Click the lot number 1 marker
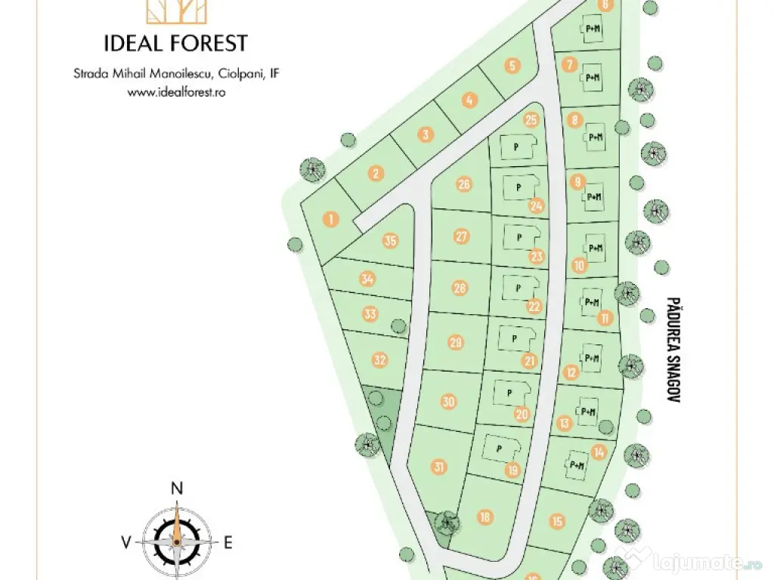(330, 220)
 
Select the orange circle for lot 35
(390, 241)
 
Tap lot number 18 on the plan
(485, 517)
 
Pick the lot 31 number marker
(439, 466)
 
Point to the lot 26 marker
(464, 184)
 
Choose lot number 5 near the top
(512, 66)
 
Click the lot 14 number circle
(599, 452)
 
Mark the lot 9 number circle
(578, 181)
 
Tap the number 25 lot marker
(531, 119)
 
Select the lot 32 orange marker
(380, 360)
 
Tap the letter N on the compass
(177, 489)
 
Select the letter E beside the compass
(227, 541)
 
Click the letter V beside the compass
(125, 541)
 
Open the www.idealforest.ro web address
(177, 92)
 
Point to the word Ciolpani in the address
(239, 74)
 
